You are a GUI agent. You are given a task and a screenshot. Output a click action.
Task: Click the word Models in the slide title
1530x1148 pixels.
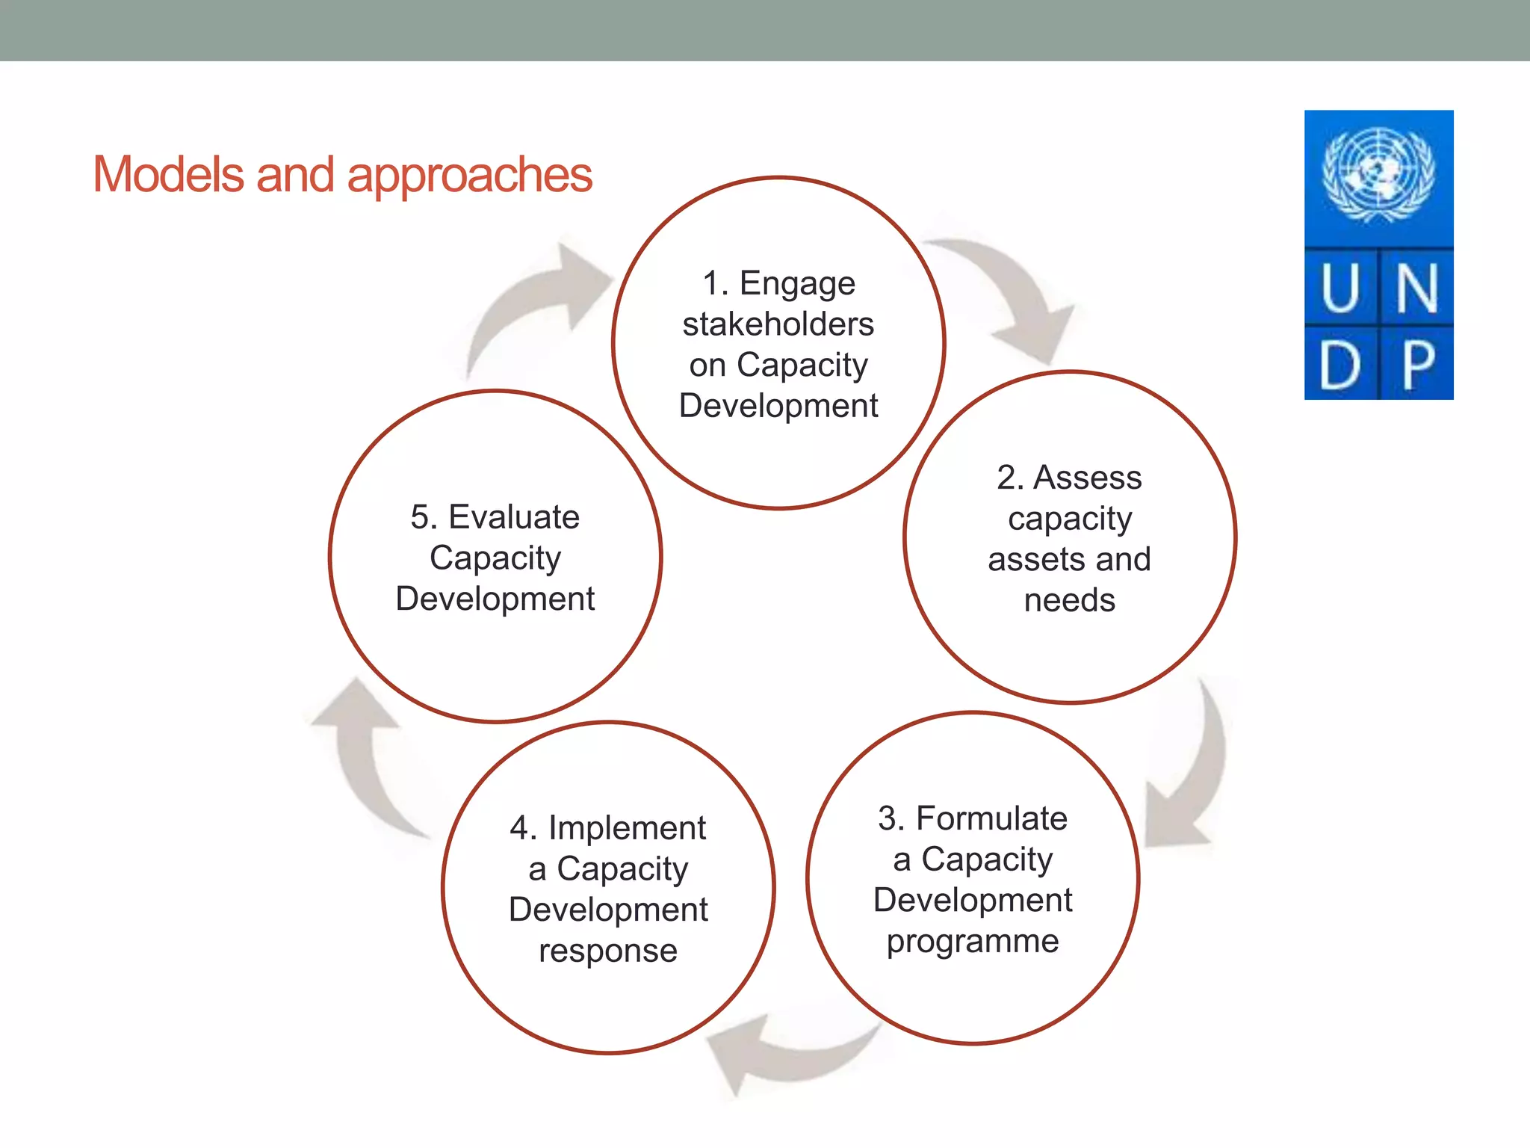coord(169,175)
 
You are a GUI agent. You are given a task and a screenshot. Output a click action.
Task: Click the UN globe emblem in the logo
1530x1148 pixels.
coord(1378,175)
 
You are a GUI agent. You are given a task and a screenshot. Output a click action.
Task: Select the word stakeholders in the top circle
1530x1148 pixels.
coord(778,324)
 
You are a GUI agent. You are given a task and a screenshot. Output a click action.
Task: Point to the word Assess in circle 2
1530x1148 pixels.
coord(1087,478)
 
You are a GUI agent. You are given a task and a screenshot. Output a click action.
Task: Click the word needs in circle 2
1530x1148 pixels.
coord(1069,600)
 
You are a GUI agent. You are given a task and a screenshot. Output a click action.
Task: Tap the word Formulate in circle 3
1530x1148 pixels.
coord(991,818)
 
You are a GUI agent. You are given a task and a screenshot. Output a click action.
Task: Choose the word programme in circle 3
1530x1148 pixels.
coord(973,942)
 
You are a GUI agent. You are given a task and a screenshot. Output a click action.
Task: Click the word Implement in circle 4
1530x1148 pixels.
coord(627,828)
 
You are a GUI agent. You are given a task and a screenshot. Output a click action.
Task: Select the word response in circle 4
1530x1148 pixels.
coord(608,951)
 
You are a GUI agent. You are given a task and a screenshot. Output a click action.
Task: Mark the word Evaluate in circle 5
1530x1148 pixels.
coord(513,517)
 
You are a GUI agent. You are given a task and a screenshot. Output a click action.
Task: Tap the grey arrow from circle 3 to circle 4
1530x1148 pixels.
coord(784,1054)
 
